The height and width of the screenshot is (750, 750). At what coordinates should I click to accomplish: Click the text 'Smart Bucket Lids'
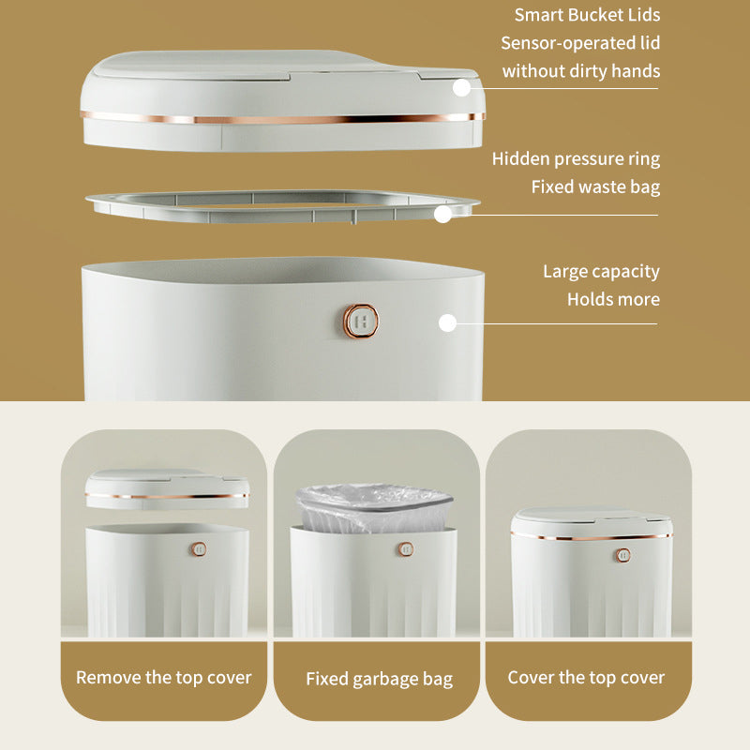tap(587, 15)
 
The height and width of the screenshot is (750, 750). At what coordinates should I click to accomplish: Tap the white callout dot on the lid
tap(461, 88)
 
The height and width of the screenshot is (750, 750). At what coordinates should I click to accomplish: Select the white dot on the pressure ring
tap(442, 215)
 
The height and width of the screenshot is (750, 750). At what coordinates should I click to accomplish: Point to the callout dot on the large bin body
tap(447, 323)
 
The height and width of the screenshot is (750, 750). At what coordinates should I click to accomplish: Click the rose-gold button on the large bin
tap(361, 321)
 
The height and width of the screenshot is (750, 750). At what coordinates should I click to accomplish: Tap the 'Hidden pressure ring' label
tap(576, 158)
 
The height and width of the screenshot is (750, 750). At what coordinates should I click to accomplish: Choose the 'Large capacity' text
tap(601, 272)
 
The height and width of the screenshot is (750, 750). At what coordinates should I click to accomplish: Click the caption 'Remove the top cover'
tap(163, 678)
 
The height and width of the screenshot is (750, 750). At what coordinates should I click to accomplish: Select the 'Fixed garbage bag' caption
tap(380, 679)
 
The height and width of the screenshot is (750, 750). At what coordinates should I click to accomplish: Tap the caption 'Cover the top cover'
tap(586, 678)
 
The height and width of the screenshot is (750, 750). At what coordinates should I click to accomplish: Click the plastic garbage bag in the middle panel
tap(374, 508)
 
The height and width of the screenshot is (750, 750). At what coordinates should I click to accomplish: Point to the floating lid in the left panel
tap(167, 488)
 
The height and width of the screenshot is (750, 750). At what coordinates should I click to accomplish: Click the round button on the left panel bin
tap(199, 549)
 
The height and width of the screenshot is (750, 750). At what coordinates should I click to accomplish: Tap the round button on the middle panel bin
tap(406, 549)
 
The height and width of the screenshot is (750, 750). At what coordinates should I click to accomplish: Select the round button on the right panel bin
tap(622, 555)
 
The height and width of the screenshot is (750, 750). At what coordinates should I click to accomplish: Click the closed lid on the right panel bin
tap(592, 524)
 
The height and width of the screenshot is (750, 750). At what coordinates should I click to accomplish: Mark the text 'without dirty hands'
tap(581, 71)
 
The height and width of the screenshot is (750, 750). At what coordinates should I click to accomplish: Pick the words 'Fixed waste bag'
tap(595, 187)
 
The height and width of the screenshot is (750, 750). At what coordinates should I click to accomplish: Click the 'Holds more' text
tap(613, 299)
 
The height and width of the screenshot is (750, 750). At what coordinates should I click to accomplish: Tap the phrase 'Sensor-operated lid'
tap(580, 43)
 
